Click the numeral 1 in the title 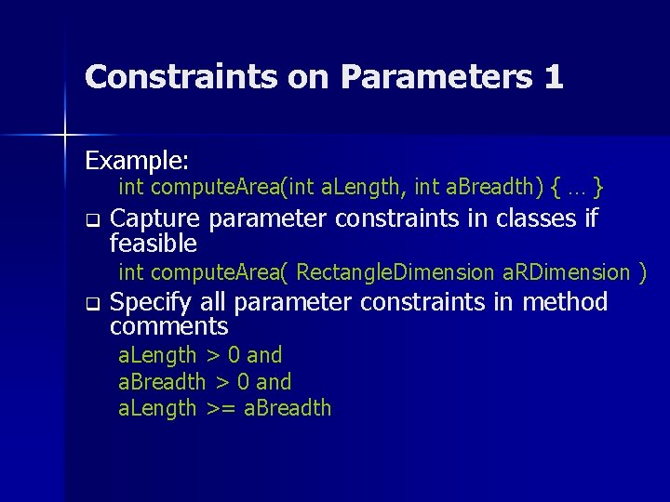[x=553, y=76]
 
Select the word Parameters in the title [x=437, y=76]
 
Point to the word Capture [x=154, y=219]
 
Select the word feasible [x=154, y=244]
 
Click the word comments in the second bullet [x=168, y=327]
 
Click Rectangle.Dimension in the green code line [x=395, y=272]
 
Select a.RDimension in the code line [x=566, y=272]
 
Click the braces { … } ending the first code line [x=578, y=188]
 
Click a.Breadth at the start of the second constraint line [x=162, y=382]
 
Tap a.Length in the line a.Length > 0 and [x=157, y=355]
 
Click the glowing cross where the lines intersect [x=65, y=136]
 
